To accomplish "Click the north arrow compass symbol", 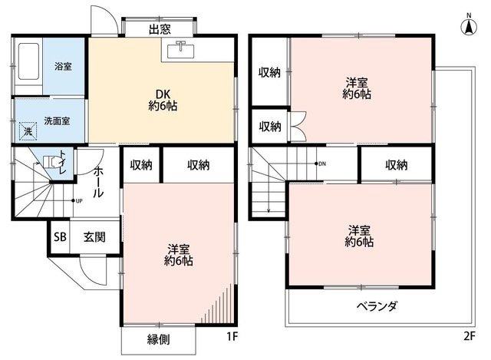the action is pyautogui.click(x=469, y=25).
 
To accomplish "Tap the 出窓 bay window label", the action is pyautogui.click(x=160, y=30).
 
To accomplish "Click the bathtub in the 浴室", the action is pyautogui.click(x=28, y=61).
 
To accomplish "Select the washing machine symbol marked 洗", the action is pyautogui.click(x=28, y=131).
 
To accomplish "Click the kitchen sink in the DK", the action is pyautogui.click(x=181, y=51).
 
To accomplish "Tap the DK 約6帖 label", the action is pyautogui.click(x=163, y=101).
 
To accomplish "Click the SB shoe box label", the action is pyautogui.click(x=60, y=236).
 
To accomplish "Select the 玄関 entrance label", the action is pyautogui.click(x=94, y=237).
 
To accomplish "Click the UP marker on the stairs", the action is pyautogui.click(x=77, y=201).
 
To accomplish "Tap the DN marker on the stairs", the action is pyautogui.click(x=321, y=163).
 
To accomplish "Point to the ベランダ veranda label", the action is pyautogui.click(x=377, y=306).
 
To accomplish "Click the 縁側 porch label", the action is pyautogui.click(x=159, y=339).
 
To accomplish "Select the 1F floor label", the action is pyautogui.click(x=232, y=336).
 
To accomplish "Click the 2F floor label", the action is pyautogui.click(x=469, y=336).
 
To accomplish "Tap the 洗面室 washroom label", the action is pyautogui.click(x=57, y=121).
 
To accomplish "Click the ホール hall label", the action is pyautogui.click(x=98, y=182).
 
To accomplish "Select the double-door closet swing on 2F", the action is pyautogui.click(x=298, y=126).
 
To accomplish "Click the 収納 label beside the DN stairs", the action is pyautogui.click(x=397, y=164).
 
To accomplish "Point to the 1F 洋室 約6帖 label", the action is pyautogui.click(x=179, y=255).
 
